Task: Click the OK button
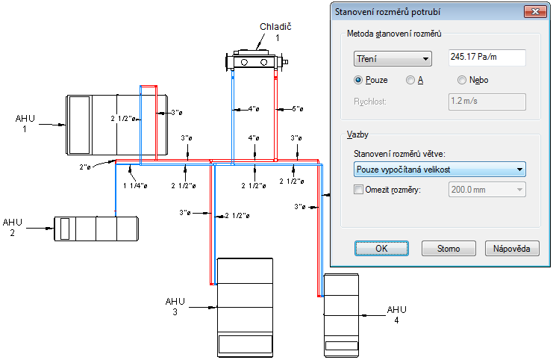coord(381,249)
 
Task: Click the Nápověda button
coord(512,249)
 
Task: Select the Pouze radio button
coord(359,80)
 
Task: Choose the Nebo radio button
coord(462,80)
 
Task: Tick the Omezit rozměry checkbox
coord(358,190)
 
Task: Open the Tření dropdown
coord(393,59)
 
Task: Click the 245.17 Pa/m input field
coord(487,58)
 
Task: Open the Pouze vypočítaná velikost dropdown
coord(439,170)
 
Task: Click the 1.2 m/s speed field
coord(487,102)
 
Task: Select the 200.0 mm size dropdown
coord(487,190)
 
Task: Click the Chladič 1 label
coord(269,31)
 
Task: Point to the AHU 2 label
coord(13,227)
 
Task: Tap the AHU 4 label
coord(396,314)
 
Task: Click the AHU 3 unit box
coord(245,307)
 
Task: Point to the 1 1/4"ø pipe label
coord(136,185)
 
